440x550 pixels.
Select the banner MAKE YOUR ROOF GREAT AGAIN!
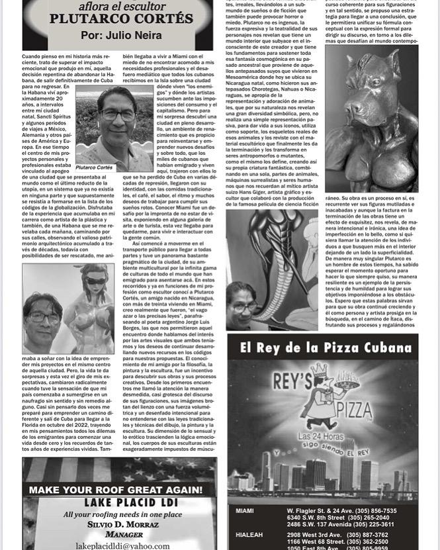(116, 490)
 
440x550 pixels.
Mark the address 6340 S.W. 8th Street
(327, 518)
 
